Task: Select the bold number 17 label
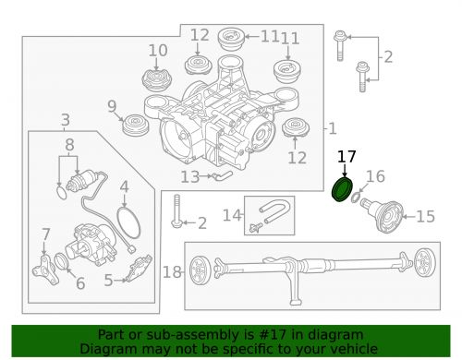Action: pyautogui.click(x=346, y=157)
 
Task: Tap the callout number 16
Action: pyautogui.click(x=375, y=176)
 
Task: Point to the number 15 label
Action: pyautogui.click(x=426, y=217)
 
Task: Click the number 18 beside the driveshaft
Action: pyautogui.click(x=172, y=272)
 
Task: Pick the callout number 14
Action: pyautogui.click(x=232, y=215)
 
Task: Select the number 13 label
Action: pyautogui.click(x=190, y=177)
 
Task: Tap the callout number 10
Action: pyautogui.click(x=158, y=50)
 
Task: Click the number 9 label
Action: pyautogui.click(x=112, y=106)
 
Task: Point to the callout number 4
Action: pyautogui.click(x=124, y=186)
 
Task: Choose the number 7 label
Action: pyautogui.click(x=46, y=234)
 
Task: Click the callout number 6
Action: pyautogui.click(x=80, y=282)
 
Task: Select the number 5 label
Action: pyautogui.click(x=108, y=281)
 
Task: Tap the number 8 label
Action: pyautogui.click(x=69, y=145)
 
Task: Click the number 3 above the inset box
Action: pyautogui.click(x=66, y=119)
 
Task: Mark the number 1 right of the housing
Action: pyautogui.click(x=333, y=128)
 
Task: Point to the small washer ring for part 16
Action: pyautogui.click(x=356, y=198)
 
